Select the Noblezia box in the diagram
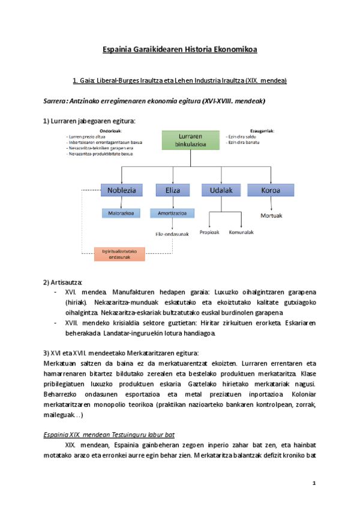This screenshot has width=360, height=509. point(121,190)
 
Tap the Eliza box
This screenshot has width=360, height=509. point(172,190)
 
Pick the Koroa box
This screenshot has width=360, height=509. point(271,190)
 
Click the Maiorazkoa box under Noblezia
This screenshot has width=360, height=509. point(121,212)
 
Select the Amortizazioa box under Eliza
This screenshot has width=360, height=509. point(172,212)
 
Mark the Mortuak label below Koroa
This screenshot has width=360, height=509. point(271,215)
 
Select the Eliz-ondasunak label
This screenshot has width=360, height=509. point(172,234)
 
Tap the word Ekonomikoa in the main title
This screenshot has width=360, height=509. point(236,49)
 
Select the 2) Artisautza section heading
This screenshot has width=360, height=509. point(63,282)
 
